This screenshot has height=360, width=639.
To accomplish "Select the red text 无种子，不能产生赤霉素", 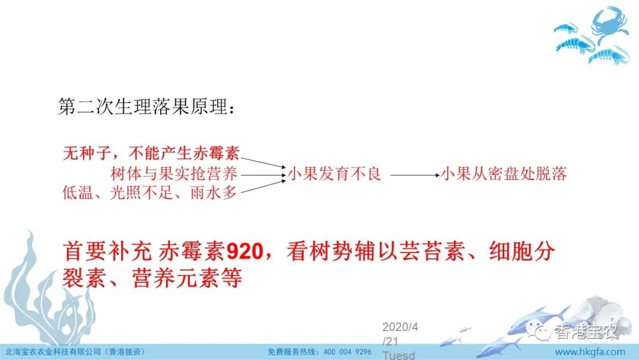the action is coord(151,153).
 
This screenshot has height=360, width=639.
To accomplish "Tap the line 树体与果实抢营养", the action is coord(174,173).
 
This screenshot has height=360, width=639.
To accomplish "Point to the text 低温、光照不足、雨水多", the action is coord(150,192).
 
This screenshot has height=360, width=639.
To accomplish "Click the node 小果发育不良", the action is coord(334,173).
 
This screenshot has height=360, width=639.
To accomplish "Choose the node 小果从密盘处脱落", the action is coord(504,173).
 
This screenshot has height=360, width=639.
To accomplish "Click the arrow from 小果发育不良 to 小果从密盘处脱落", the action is coord(415,175).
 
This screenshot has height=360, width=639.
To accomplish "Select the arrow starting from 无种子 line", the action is coord(263,162).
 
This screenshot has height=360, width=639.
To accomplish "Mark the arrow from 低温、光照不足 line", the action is coord(263,186).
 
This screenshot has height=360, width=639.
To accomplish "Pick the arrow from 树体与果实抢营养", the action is coord(263,175).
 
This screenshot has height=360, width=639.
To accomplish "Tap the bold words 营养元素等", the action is coord(186,278).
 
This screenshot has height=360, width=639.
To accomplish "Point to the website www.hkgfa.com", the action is coord(590,352).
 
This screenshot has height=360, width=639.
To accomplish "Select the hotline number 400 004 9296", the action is coord(347,352).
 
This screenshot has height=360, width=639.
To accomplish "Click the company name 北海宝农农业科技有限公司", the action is coord(53,352).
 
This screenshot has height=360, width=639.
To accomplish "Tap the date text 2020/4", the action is coord(400,327).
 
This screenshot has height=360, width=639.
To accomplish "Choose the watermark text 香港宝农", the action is coord(586,332).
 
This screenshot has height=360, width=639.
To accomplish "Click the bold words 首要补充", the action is coord(107,251).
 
